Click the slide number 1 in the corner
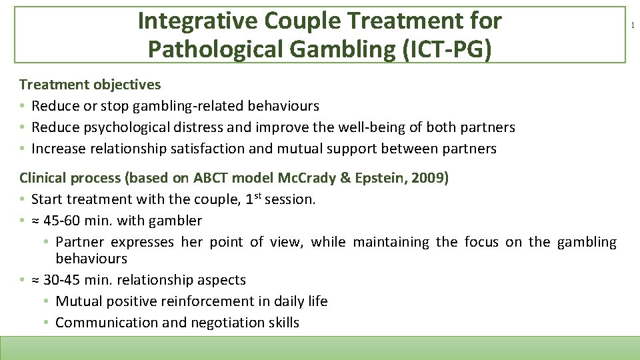click(633, 25)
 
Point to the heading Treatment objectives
click(90, 85)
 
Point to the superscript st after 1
click(257, 195)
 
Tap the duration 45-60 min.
click(83, 221)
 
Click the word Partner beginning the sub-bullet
click(80, 242)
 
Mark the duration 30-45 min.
click(83, 280)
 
